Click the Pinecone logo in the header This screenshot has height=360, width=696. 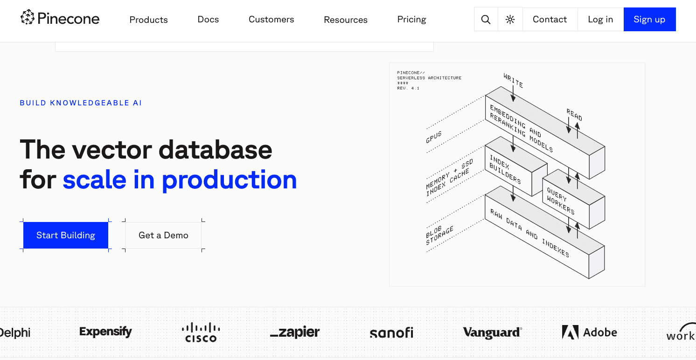[60, 19]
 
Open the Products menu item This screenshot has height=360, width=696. [148, 20]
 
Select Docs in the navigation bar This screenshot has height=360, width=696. [208, 20]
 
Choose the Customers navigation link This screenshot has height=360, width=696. [271, 20]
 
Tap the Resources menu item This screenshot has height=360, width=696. [346, 20]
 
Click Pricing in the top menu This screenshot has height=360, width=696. [411, 20]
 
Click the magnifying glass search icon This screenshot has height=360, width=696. [486, 20]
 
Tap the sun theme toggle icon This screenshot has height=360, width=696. [510, 20]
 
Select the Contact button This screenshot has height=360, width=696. [550, 20]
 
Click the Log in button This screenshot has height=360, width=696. [600, 20]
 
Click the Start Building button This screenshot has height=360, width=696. [66, 235]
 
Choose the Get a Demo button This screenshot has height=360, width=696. [163, 235]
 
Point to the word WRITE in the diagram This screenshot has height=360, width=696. [513, 80]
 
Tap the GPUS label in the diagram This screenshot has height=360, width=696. [433, 137]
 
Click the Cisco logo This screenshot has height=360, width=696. [201, 332]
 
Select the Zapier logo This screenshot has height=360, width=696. [295, 332]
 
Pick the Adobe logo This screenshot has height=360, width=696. [589, 332]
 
